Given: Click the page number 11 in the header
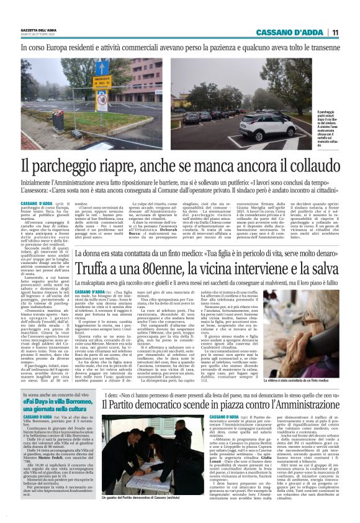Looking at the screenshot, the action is point(335,33).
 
